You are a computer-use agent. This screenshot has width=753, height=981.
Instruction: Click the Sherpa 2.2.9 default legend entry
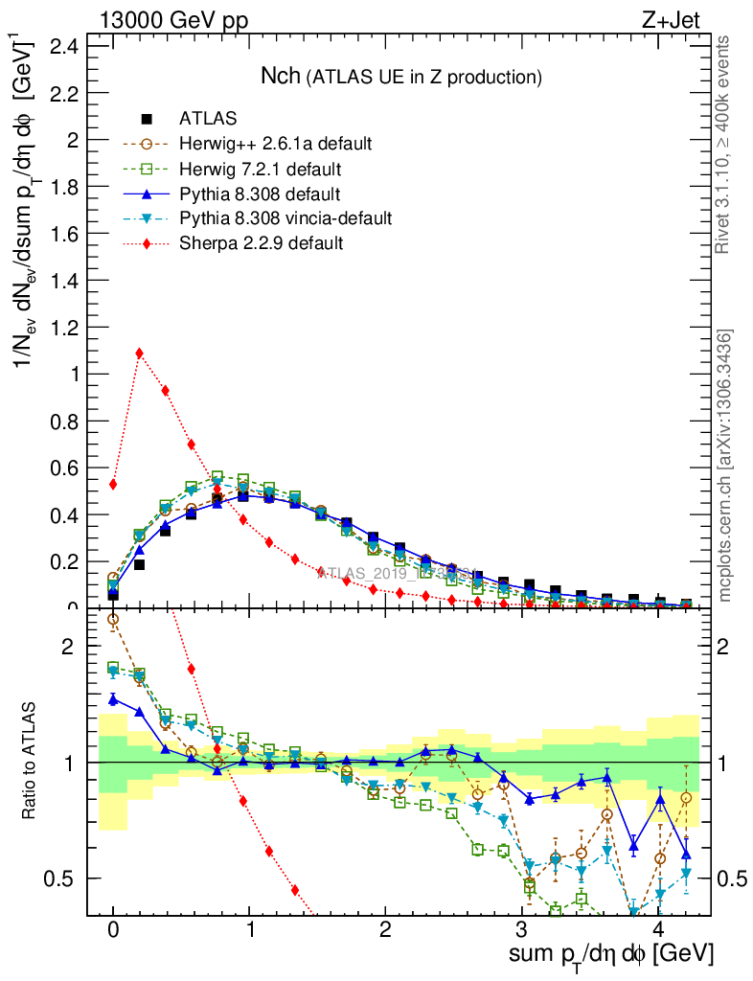(x=261, y=243)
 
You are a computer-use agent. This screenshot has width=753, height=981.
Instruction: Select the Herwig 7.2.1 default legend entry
(x=261, y=169)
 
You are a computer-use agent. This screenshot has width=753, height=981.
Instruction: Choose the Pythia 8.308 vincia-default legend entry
(x=285, y=218)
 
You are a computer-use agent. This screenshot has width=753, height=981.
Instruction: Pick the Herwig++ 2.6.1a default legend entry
(x=275, y=144)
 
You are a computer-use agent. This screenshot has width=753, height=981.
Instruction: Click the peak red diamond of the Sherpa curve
(x=140, y=353)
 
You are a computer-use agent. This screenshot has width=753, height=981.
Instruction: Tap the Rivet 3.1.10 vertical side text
(x=724, y=145)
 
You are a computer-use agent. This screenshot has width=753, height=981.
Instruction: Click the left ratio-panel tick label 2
(x=68, y=647)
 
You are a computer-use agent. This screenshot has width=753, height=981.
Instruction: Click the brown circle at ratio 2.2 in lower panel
(x=113, y=619)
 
